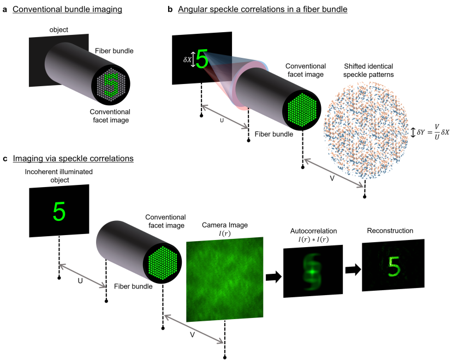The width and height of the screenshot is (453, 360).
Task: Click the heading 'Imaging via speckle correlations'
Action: [73, 159]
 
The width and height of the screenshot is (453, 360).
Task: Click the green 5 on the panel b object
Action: [202, 58]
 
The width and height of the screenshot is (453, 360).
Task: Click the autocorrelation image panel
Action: [313, 271]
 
